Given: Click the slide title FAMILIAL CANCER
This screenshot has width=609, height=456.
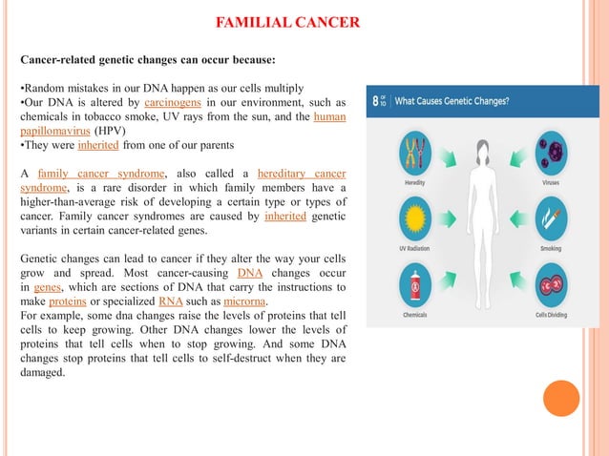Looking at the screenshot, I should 287,22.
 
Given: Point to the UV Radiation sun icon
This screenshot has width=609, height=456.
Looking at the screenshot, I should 412,218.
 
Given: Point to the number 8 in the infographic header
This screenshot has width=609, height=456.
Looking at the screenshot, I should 373,100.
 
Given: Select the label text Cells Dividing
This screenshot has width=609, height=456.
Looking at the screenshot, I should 552,315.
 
